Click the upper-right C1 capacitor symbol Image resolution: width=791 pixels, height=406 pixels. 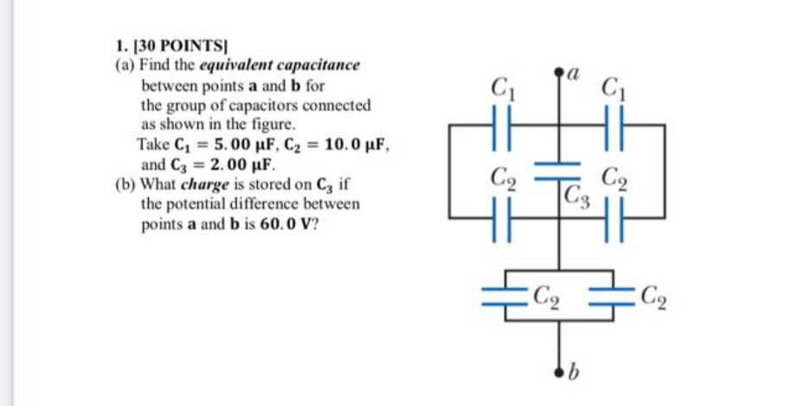[x=613, y=126]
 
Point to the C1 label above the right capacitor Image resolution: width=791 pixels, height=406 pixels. [x=613, y=87]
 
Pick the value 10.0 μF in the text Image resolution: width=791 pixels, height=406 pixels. [x=357, y=145]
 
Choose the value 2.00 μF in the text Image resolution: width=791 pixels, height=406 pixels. [x=233, y=163]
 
